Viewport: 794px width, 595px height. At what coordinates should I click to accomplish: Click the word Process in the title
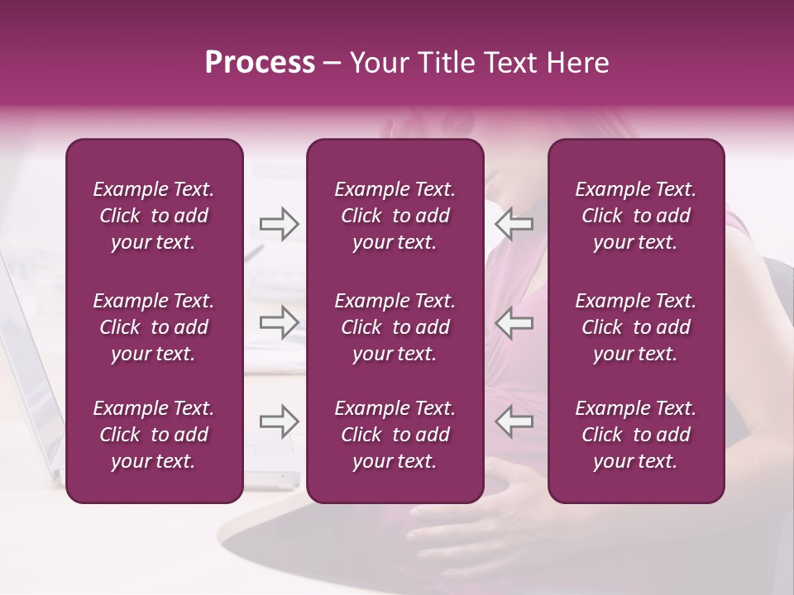click(260, 63)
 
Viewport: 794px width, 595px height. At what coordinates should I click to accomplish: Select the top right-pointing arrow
click(280, 224)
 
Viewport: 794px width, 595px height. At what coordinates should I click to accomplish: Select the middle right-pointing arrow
click(280, 322)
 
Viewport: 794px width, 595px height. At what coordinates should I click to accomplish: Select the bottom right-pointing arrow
click(280, 421)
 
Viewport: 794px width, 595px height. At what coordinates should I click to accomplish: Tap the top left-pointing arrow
click(514, 224)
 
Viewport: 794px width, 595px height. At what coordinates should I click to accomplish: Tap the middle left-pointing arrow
click(514, 322)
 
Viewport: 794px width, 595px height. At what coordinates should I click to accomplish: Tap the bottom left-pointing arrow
click(514, 421)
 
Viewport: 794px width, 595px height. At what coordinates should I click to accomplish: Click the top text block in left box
click(154, 216)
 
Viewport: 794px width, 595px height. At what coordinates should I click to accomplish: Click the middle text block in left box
click(154, 327)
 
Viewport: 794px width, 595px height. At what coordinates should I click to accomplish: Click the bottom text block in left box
click(154, 435)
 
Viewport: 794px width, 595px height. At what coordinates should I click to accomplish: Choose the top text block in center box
click(395, 216)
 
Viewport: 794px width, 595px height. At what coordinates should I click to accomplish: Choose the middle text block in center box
click(395, 327)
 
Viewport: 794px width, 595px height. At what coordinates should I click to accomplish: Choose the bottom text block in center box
click(395, 435)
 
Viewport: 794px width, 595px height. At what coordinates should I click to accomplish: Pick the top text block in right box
click(635, 216)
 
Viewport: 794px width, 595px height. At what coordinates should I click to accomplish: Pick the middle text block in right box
click(635, 327)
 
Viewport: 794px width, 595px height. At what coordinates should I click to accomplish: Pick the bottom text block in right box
click(635, 435)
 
